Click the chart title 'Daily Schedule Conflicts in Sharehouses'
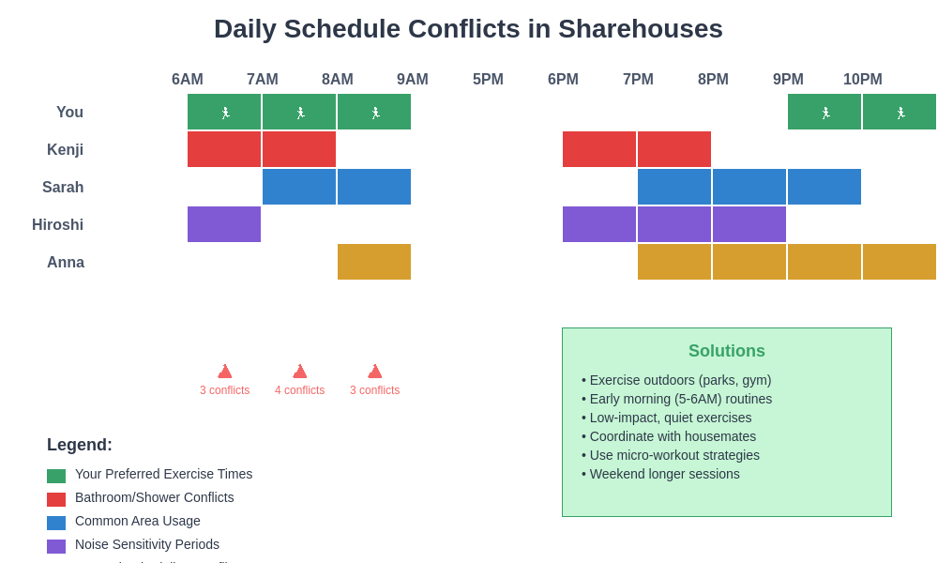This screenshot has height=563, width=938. tap(468, 29)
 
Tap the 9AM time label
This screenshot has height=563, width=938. tap(413, 80)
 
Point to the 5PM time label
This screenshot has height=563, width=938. tap(488, 80)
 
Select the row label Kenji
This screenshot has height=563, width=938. tap(66, 150)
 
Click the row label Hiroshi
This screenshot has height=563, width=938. tap(58, 225)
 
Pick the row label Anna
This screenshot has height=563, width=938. tap(66, 263)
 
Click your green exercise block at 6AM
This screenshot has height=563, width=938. tap(224, 112)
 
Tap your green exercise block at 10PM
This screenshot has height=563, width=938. tap(900, 112)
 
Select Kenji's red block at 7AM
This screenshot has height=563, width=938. tap(299, 149)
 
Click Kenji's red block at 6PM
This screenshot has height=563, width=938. tap(599, 149)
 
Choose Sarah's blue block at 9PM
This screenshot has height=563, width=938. tap(825, 187)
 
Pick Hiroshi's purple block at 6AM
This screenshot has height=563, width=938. tap(224, 224)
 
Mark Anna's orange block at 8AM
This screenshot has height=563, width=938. tap(374, 262)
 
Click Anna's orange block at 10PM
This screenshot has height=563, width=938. tap(900, 262)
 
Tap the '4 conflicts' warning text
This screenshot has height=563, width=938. tap(300, 390)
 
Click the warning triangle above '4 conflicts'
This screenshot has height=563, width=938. tap(300, 372)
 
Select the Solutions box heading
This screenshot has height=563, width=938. tap(727, 351)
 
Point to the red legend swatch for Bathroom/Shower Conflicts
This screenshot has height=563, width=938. tap(56, 499)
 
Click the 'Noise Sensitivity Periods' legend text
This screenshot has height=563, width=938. tap(147, 544)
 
